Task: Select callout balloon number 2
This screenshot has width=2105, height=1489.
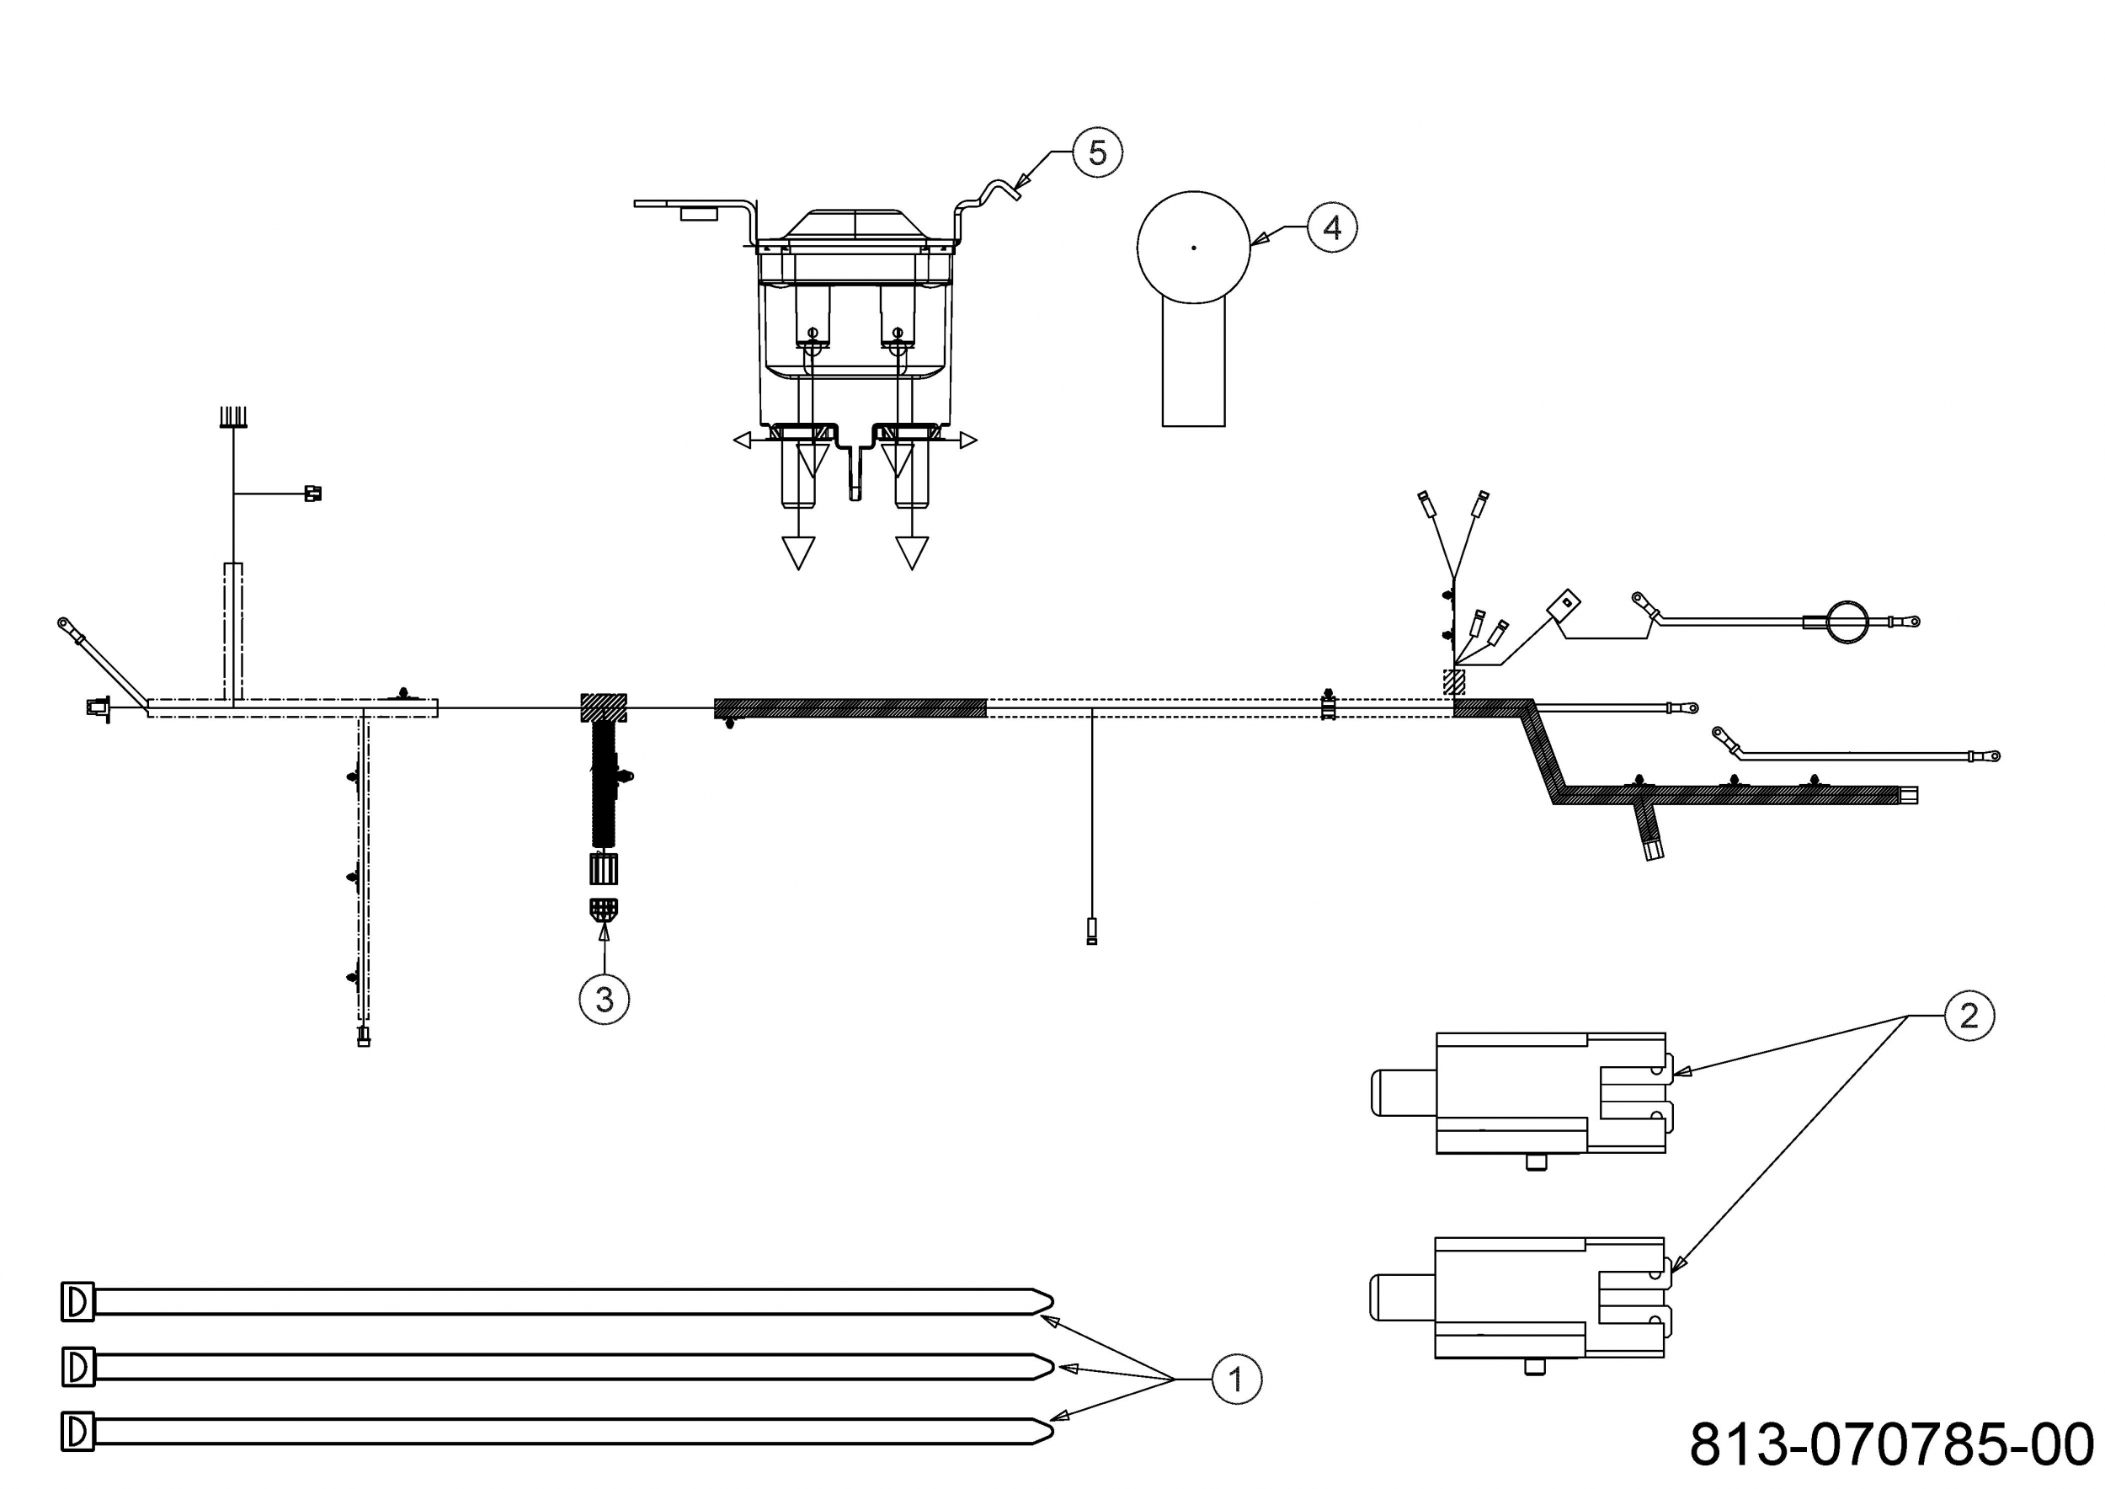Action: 1968,1016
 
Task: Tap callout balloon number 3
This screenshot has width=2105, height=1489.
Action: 605,999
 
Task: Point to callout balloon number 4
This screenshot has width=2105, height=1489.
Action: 1331,227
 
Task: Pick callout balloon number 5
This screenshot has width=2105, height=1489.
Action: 1097,152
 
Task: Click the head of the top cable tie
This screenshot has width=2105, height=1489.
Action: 78,1301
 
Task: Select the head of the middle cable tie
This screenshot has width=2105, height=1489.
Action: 78,1367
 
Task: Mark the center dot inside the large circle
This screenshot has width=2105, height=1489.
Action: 1193,248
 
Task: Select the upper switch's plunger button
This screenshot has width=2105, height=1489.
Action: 1402,1093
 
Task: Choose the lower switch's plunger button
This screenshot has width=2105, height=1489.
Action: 1402,1297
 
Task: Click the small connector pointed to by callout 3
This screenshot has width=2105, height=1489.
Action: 603,909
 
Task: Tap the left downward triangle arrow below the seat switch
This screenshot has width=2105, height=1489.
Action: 798,552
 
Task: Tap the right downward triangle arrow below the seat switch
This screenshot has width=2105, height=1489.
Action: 911,552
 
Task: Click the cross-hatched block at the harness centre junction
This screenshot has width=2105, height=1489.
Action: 603,707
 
